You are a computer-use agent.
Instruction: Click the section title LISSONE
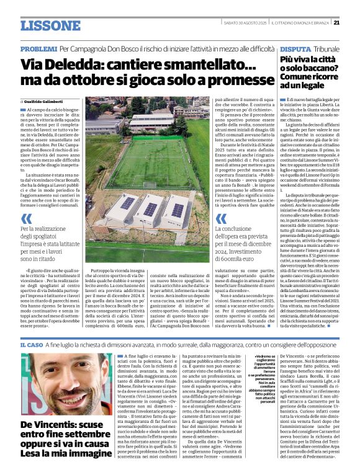click(x=50, y=25)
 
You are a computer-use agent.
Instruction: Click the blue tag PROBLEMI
click(x=38, y=48)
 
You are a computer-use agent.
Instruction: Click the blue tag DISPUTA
click(x=294, y=48)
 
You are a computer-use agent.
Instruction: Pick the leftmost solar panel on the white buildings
click(x=127, y=203)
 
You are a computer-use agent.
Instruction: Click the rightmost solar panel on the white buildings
click(x=178, y=210)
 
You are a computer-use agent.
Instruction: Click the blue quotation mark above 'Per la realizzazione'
click(x=26, y=219)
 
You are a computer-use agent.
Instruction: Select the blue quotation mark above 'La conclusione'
click(x=221, y=219)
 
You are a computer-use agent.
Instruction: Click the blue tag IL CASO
click(x=31, y=344)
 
